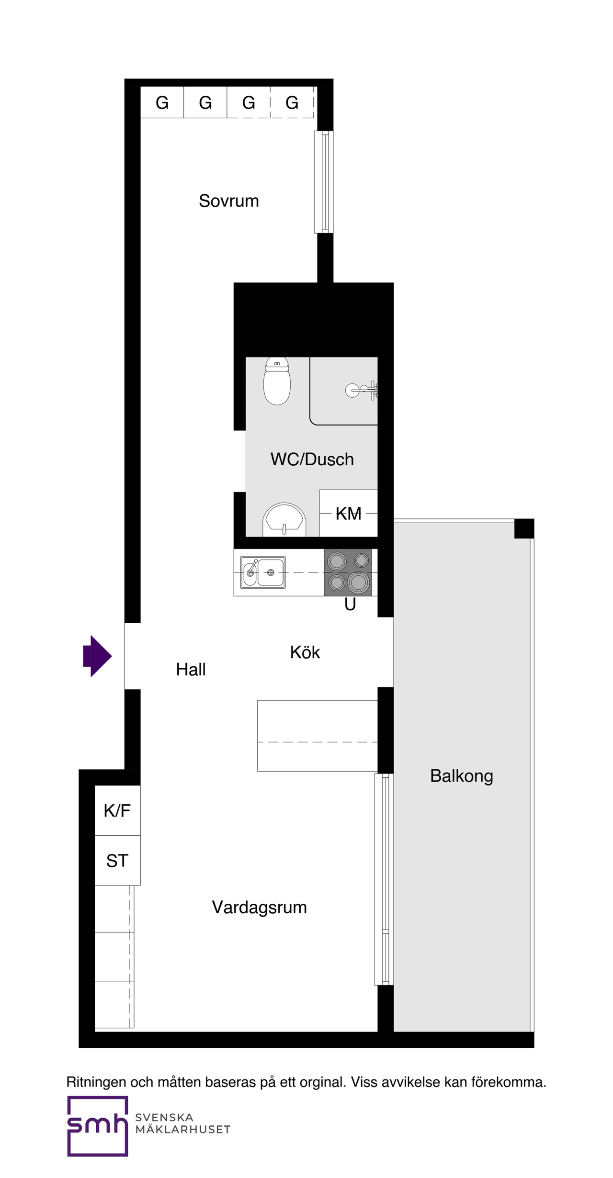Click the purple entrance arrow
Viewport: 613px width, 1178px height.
pyautogui.click(x=97, y=656)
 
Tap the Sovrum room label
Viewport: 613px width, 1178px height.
pyautogui.click(x=229, y=201)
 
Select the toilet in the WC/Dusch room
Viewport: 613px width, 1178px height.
pyautogui.click(x=277, y=381)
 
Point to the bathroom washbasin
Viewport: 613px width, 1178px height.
pyautogui.click(x=284, y=519)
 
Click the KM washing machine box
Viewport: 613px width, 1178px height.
pyautogui.click(x=349, y=513)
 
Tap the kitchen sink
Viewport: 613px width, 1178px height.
pyautogui.click(x=263, y=572)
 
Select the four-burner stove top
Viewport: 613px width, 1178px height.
pyautogui.click(x=348, y=572)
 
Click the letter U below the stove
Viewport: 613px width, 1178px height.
pyautogui.click(x=350, y=605)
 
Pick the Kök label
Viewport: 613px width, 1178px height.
pyautogui.click(x=305, y=652)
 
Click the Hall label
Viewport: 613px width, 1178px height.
pyautogui.click(x=191, y=670)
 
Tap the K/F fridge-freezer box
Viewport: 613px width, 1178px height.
pyautogui.click(x=117, y=810)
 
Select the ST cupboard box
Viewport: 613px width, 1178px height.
pyautogui.click(x=117, y=861)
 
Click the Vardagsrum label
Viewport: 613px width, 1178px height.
pyautogui.click(x=260, y=907)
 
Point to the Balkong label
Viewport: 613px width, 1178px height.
pyautogui.click(x=462, y=776)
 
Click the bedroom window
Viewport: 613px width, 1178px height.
pyautogui.click(x=324, y=182)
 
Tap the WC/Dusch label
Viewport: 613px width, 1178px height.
pyautogui.click(x=312, y=460)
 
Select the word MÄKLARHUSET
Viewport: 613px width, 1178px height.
pyautogui.click(x=183, y=1130)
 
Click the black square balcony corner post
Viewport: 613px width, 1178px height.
pyautogui.click(x=524, y=528)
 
